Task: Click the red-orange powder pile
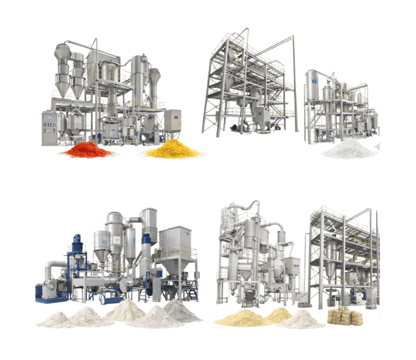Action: coord(87,151)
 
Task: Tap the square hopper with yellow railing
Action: coord(178,248)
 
